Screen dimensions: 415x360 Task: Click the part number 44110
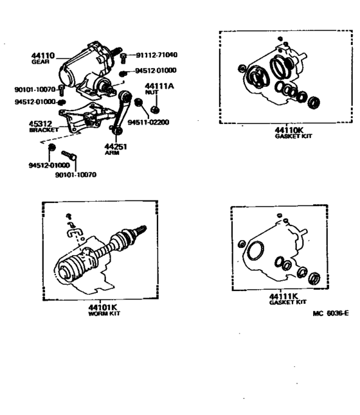point(42,57)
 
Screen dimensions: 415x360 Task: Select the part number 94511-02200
point(148,121)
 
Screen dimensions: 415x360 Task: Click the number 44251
point(118,146)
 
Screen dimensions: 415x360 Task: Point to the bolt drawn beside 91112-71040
point(123,57)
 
